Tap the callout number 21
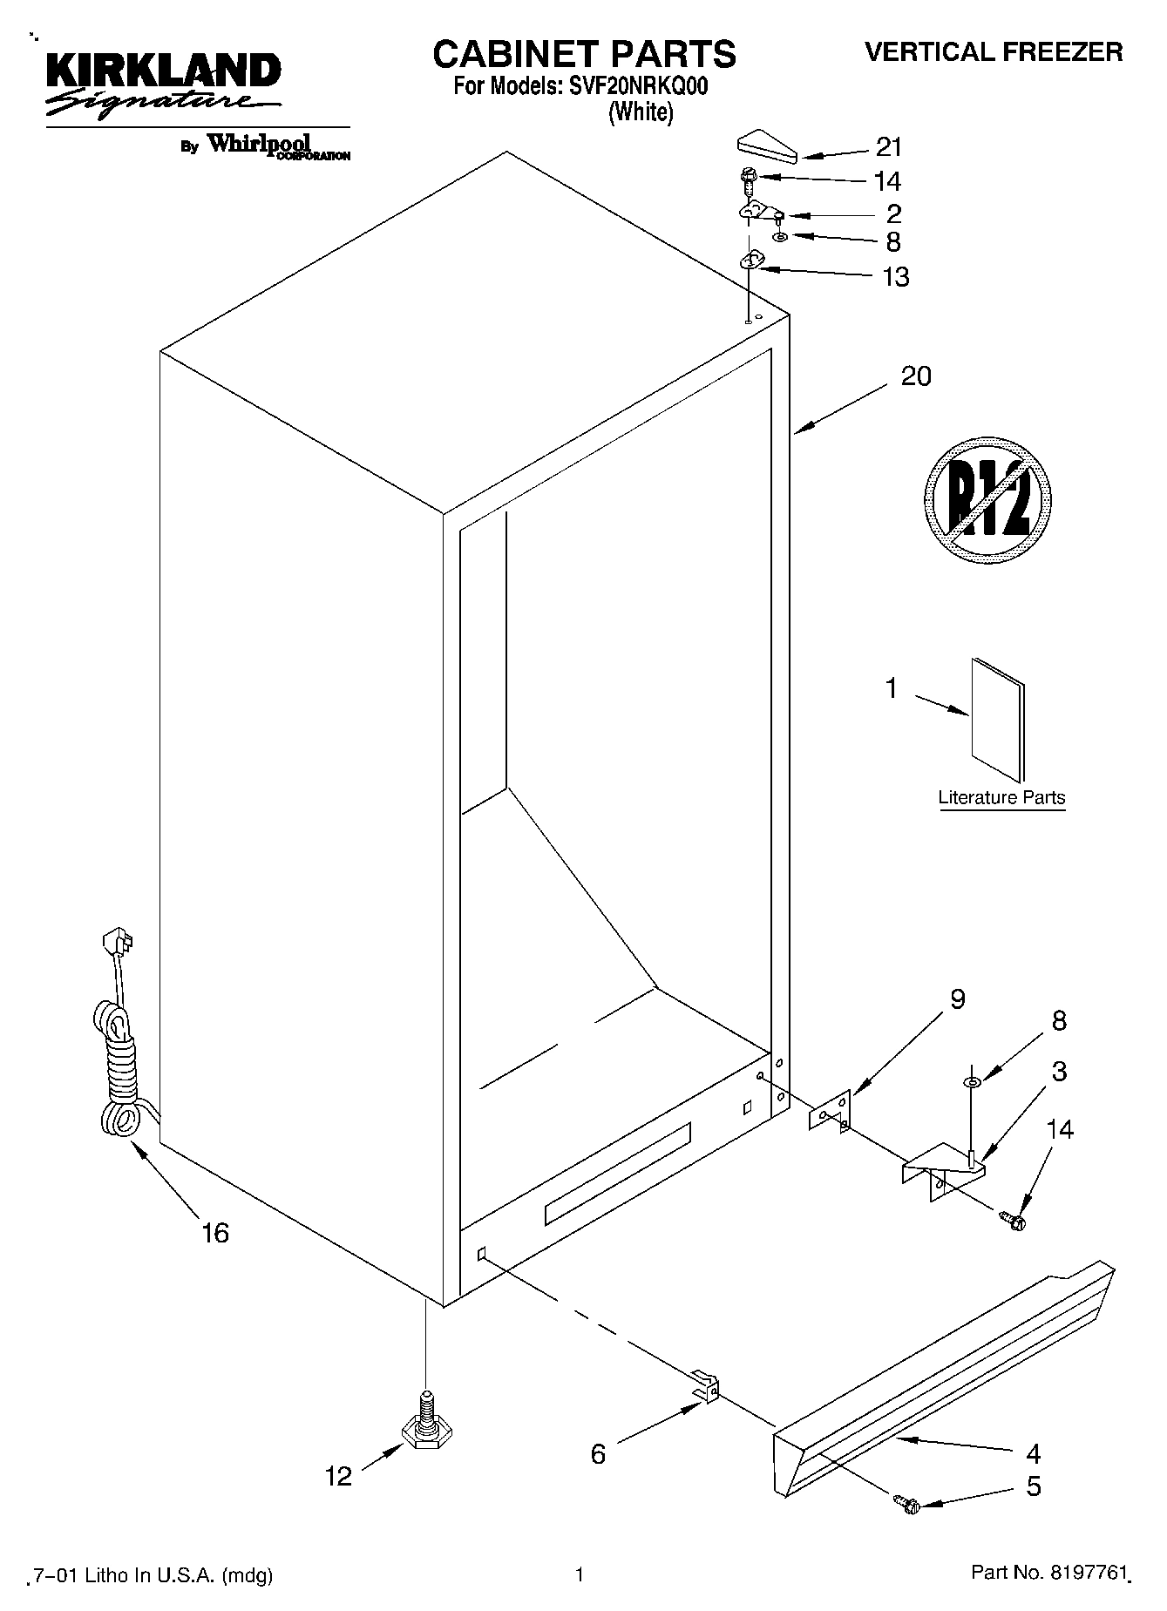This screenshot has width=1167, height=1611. [888, 147]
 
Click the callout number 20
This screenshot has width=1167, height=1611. [915, 376]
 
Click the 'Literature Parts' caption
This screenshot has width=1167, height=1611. [1001, 797]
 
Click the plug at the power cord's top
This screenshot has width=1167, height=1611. [118, 942]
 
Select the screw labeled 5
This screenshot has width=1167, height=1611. [907, 1504]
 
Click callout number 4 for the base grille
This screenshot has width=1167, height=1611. [1033, 1452]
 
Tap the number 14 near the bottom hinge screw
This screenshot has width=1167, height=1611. [1059, 1129]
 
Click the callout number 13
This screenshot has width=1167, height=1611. [895, 277]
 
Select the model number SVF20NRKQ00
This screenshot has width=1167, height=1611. [631, 86]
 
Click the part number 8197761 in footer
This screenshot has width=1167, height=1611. [1082, 1574]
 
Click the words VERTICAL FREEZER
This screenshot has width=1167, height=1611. [993, 52]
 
